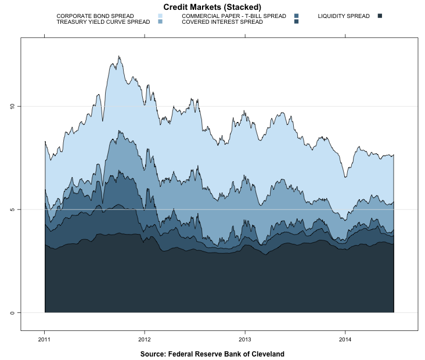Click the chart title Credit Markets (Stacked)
[212, 6]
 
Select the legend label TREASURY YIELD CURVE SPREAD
[103, 22]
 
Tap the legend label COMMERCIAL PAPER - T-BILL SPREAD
[234, 16]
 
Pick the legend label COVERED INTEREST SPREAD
[222, 22]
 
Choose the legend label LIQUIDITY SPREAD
[344, 16]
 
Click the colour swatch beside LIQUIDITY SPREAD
[380, 16]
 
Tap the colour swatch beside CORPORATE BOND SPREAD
[160, 16]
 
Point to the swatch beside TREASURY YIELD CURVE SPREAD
[160, 22]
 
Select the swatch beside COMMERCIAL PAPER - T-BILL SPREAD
[296, 16]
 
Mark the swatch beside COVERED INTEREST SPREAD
[296, 22]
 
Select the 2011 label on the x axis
[45, 339]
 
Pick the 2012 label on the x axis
[145, 339]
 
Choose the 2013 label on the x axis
[245, 339]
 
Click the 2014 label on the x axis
[345, 339]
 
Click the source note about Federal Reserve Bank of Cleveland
[212, 354]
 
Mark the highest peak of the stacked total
[119, 56]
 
